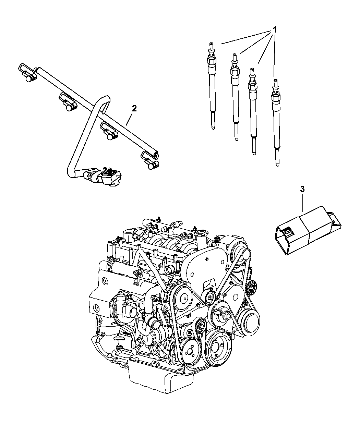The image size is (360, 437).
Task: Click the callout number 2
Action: pos(134,109)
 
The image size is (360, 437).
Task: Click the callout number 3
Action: pos(302,189)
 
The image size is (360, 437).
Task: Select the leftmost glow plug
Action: pos(212,89)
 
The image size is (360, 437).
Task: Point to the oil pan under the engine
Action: pos(161,377)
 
